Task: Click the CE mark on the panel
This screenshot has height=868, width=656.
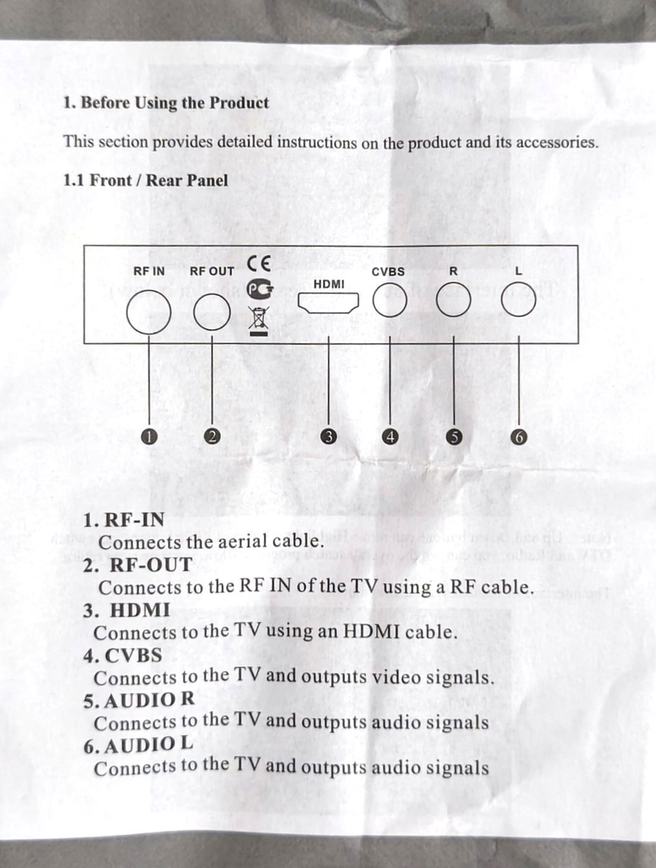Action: [259, 263]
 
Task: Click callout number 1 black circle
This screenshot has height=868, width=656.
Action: [149, 436]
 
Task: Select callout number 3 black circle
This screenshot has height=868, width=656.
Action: [328, 436]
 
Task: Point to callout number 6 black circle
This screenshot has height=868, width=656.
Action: [519, 437]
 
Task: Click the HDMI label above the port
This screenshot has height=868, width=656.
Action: [329, 285]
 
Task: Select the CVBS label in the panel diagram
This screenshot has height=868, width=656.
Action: [388, 271]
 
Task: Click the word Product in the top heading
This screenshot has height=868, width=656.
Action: [239, 103]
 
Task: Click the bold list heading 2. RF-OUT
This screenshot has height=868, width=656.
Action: [138, 565]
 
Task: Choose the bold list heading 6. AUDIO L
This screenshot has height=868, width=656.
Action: [138, 745]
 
